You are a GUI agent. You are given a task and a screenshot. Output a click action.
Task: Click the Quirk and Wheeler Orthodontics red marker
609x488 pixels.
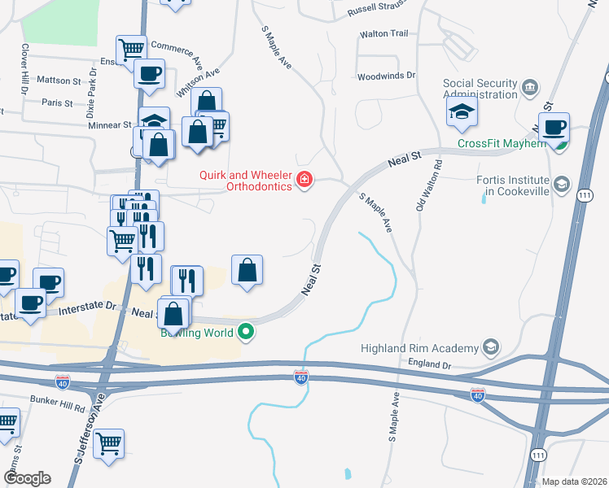[304, 179]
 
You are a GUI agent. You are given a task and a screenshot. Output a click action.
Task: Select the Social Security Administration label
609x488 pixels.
[480, 89]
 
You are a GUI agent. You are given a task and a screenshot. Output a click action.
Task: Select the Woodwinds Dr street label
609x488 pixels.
[387, 76]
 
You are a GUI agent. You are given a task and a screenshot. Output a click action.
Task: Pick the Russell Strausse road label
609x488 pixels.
[375, 10]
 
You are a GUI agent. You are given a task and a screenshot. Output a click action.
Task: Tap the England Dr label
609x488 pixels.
[431, 365]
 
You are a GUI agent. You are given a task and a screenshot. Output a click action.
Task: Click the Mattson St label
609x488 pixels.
[59, 81]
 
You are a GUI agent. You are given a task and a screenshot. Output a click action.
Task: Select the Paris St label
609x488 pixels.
[58, 103]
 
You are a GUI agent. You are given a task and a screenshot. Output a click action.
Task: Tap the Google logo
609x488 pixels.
[27, 478]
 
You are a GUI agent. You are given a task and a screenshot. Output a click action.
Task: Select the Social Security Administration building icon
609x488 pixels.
[530, 86]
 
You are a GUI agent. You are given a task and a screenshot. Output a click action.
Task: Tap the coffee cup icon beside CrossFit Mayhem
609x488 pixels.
[554, 127]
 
